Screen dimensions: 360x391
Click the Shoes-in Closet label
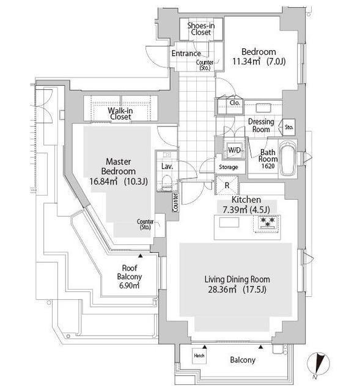click(201, 29)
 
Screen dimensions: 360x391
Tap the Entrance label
click(186, 53)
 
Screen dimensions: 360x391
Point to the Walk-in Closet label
click(120, 114)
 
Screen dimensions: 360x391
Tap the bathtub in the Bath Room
click(288, 159)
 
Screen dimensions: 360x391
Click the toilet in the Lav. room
click(166, 183)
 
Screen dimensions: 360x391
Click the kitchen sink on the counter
click(229, 222)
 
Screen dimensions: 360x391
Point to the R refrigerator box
click(227, 185)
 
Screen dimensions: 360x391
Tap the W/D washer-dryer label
click(234, 150)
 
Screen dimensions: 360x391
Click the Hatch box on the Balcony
click(199, 356)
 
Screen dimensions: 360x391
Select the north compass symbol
click(318, 364)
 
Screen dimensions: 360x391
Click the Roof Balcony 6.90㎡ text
click(130, 277)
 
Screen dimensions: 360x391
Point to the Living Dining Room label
click(237, 279)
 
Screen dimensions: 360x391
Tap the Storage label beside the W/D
click(228, 167)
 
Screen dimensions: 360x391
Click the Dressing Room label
click(261, 125)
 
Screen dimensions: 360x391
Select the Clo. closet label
click(235, 103)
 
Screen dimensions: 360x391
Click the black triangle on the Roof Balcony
click(141, 255)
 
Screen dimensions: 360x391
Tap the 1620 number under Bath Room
click(268, 166)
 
